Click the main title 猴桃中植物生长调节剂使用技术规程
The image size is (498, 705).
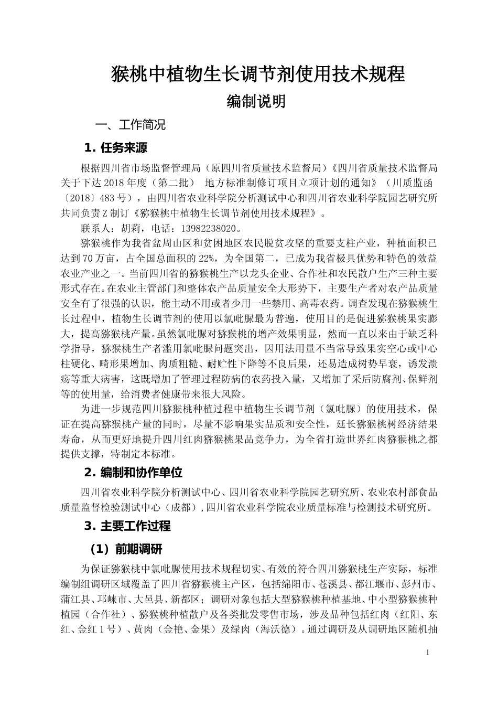pyautogui.click(x=258, y=74)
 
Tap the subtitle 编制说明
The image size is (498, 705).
pyautogui.click(x=256, y=101)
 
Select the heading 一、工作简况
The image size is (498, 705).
pyautogui.click(x=130, y=125)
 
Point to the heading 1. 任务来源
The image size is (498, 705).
pyautogui.click(x=116, y=148)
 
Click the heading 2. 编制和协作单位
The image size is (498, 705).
pyautogui.click(x=133, y=473)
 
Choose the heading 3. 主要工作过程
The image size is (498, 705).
pyautogui.click(x=127, y=526)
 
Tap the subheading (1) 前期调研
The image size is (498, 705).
pyautogui.click(x=126, y=549)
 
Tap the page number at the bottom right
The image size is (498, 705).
pyautogui.click(x=428, y=652)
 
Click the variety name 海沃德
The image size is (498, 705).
pyautogui.click(x=276, y=629)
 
